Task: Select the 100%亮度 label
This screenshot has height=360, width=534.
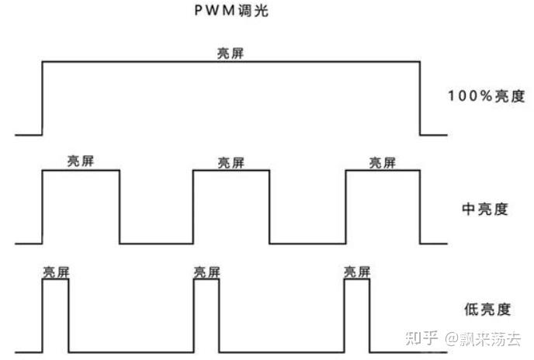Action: [487, 97]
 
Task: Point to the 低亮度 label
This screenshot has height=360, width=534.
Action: [486, 310]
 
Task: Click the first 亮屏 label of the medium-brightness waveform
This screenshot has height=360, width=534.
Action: [81, 161]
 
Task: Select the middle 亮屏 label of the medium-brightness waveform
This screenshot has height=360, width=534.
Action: [231, 162]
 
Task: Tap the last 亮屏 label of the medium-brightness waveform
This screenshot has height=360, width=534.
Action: [382, 162]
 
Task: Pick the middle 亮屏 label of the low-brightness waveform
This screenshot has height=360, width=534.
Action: [206, 272]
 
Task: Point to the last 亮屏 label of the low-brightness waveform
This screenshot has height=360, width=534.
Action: [357, 272]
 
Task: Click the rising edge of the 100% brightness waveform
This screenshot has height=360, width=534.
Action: [42, 98]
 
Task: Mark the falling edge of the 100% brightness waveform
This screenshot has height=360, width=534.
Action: [420, 98]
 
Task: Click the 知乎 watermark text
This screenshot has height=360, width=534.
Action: [419, 338]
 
